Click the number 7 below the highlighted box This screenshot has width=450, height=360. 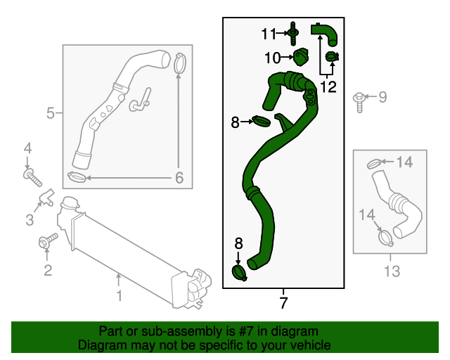click(283, 304)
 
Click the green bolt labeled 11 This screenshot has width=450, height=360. click(293, 32)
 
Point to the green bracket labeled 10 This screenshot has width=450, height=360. click(302, 56)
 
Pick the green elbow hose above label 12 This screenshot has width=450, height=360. click(324, 32)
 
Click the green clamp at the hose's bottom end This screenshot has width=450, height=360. click(238, 272)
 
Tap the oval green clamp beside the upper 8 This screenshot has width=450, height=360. click(262, 122)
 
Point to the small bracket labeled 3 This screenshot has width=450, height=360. click(48, 196)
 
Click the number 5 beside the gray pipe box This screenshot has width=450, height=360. click(51, 112)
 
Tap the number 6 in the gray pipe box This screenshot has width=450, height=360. click(179, 179)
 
